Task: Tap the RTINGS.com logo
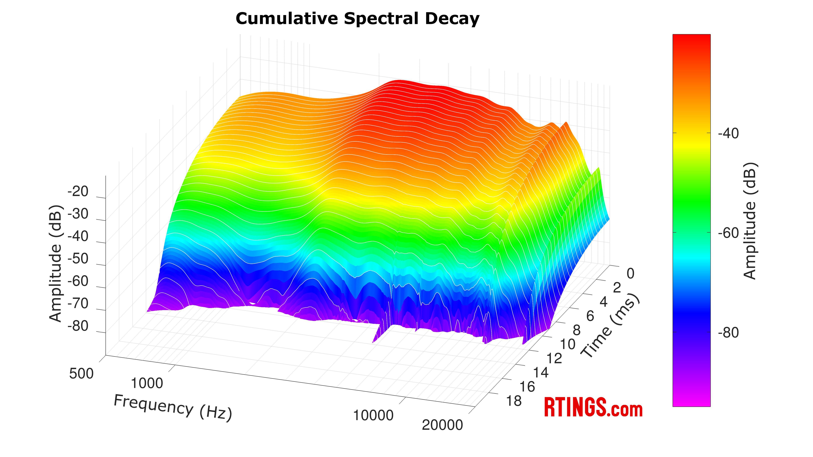[593, 408]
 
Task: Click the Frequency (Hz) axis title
[173, 407]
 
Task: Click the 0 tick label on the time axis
[630, 274]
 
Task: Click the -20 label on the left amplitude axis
[78, 191]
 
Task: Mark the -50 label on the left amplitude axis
[78, 259]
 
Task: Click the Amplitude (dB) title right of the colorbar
[750, 221]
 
